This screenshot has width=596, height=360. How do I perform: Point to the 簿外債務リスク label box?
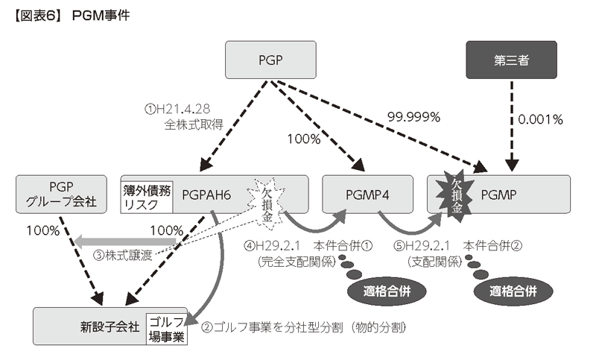[147, 195]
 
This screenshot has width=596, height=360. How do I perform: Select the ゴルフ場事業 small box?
[166, 327]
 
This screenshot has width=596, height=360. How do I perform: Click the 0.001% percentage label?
[540, 119]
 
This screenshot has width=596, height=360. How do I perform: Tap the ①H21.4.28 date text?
[178, 109]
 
